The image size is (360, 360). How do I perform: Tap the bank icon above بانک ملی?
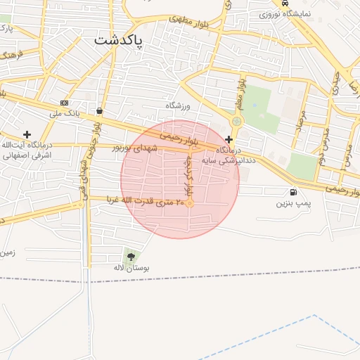pyautogui.click(x=65, y=103)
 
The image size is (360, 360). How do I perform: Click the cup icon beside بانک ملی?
pyautogui.click(x=100, y=111)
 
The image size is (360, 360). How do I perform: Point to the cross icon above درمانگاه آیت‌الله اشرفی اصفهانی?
pyautogui.click(x=27, y=134)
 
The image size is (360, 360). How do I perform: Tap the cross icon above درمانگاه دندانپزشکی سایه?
pyautogui.click(x=229, y=139)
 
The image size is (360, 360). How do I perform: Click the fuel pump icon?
pyautogui.click(x=292, y=192)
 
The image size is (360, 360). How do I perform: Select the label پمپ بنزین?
pyautogui.click(x=292, y=203)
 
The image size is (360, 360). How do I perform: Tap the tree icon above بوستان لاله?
pyautogui.click(x=131, y=256)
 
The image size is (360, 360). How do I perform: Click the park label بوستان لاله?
pyautogui.click(x=131, y=268)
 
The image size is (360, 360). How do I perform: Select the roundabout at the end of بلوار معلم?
pyautogui.click(x=237, y=121)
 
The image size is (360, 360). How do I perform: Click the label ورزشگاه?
pyautogui.click(x=179, y=105)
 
